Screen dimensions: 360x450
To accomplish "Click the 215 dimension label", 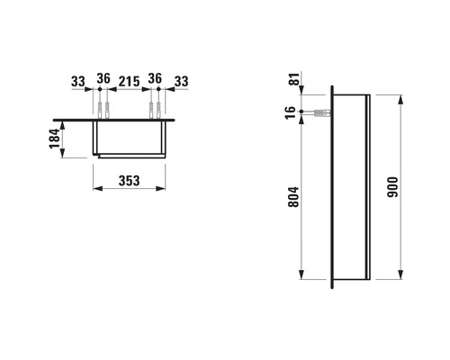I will (129, 82).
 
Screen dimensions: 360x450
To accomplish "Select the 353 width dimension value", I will (128, 179).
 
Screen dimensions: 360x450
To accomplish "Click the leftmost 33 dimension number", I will (78, 82).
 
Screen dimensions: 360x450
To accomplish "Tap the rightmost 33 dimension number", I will (181, 82).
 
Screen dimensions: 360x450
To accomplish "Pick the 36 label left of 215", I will (103, 82).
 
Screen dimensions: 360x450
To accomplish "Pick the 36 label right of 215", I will (156, 82).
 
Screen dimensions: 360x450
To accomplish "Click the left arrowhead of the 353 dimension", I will (95, 189).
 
